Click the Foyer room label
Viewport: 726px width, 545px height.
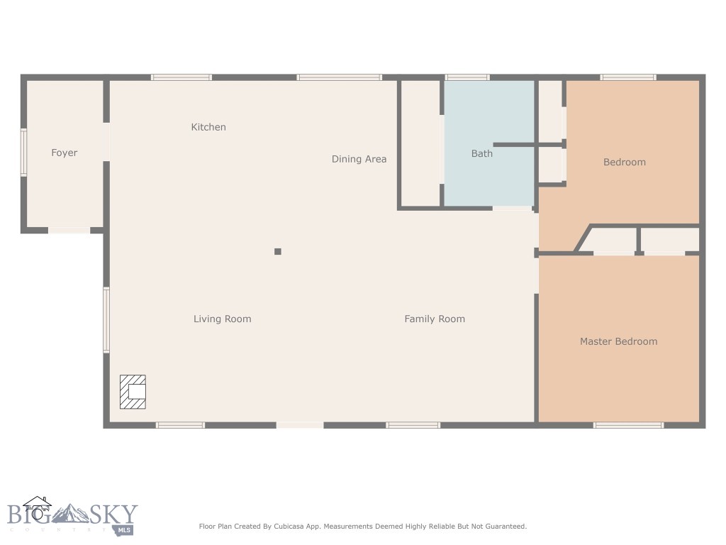point(64,153)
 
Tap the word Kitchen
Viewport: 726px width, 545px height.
point(208,127)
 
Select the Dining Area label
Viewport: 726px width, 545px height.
point(359,159)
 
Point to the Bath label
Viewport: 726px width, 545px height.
point(481,153)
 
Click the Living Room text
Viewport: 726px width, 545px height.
point(222,319)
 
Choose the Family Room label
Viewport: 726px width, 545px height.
point(435,319)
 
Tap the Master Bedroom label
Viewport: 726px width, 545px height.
point(618,341)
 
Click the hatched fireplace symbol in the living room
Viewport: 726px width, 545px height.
point(133,392)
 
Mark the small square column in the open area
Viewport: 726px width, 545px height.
point(278,251)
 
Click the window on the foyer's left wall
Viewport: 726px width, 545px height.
point(23,152)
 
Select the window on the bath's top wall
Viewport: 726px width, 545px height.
point(467,77)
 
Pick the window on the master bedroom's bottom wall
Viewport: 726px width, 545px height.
point(628,425)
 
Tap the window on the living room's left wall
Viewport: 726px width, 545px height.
point(106,319)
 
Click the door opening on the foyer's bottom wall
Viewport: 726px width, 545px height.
point(69,230)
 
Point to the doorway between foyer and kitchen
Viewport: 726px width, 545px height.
point(106,142)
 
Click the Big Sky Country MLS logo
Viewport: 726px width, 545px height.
point(71,516)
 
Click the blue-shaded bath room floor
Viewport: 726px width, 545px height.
point(489,177)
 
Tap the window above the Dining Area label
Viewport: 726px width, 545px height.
point(339,77)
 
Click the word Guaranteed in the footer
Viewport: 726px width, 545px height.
point(506,527)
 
